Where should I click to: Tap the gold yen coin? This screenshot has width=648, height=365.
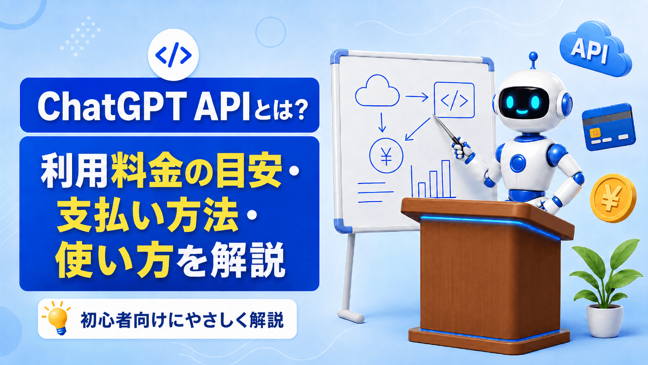pyautogui.click(x=613, y=199)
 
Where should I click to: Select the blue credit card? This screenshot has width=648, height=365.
pyautogui.click(x=608, y=127)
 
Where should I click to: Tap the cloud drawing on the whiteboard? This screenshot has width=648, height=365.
pyautogui.click(x=377, y=91)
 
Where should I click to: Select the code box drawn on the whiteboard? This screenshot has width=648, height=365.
pyautogui.click(x=454, y=100)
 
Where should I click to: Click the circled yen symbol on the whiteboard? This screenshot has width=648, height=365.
pyautogui.click(x=386, y=156)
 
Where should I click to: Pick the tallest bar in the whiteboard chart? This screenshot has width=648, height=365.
pyautogui.click(x=446, y=178)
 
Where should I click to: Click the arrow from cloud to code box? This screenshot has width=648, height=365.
pyautogui.click(x=417, y=97)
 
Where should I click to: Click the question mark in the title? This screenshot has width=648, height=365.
pyautogui.click(x=298, y=109)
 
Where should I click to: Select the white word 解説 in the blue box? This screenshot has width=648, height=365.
pyautogui.click(x=248, y=259)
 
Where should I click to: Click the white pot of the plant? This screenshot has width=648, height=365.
pyautogui.click(x=604, y=321)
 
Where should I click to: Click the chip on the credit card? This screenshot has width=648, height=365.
pyautogui.click(x=595, y=133)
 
